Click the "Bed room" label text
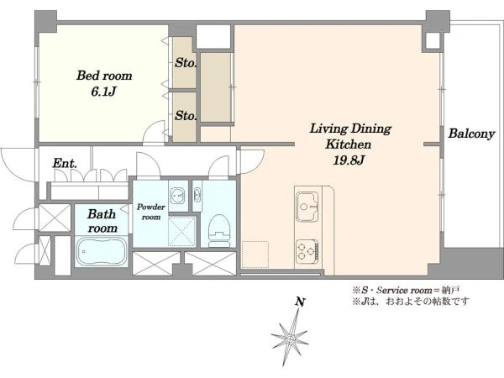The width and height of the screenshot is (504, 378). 104,76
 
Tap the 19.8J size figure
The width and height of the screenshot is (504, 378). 349,160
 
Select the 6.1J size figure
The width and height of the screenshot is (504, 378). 103,92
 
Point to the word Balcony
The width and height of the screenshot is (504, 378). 471,134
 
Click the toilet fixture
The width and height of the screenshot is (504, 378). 219,231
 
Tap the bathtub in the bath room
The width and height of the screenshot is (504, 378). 102,251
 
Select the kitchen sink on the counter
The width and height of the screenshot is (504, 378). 307,207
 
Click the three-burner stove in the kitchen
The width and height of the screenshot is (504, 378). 307,250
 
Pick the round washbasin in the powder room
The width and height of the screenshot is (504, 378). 177,196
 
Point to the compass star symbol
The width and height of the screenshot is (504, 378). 291,339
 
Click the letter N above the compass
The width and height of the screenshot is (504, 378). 300,302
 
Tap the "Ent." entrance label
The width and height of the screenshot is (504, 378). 65,163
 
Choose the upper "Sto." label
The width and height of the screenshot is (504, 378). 185,63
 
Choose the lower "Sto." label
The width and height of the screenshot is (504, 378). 185,116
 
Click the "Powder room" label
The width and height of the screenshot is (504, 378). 150,212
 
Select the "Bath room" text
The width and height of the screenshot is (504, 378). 102,221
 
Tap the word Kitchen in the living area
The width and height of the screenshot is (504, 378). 349,144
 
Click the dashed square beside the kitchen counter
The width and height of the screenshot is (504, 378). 255,255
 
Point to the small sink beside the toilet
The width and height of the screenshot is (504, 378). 197,196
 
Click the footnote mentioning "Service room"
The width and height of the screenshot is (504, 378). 406,291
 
